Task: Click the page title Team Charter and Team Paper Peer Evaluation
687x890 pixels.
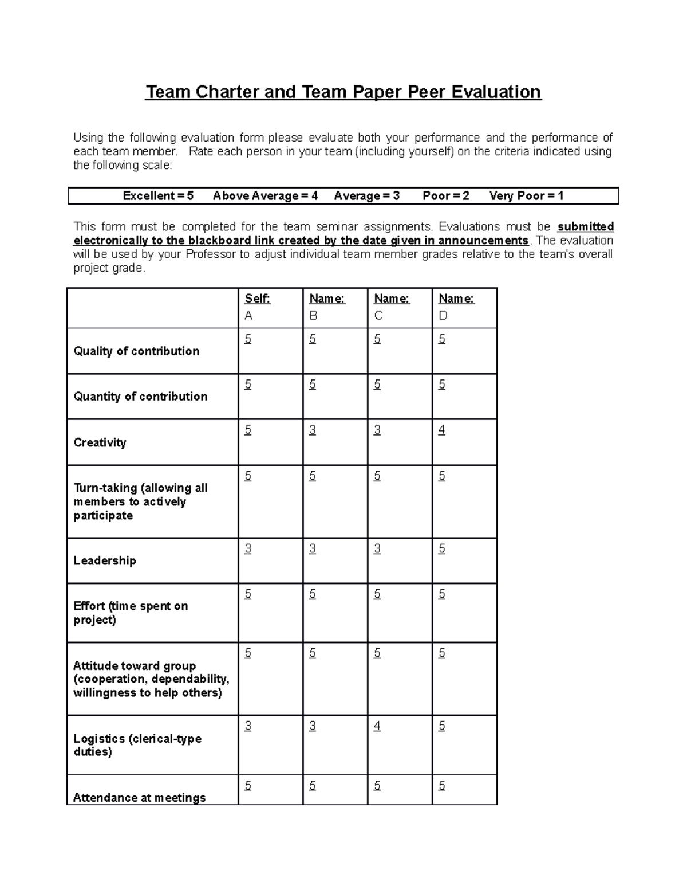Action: coord(343,92)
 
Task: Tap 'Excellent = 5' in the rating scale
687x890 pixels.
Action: coord(158,196)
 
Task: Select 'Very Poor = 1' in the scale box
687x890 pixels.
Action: coord(526,196)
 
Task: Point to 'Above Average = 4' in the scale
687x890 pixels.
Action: coord(265,196)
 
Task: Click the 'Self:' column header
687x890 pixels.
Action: coord(257,299)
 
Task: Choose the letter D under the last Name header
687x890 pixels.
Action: coord(443,316)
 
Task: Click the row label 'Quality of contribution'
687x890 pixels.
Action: coord(136,351)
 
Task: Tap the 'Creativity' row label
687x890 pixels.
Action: coord(100,442)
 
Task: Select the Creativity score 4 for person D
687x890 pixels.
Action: coord(441,430)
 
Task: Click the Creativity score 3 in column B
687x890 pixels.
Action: coord(312,430)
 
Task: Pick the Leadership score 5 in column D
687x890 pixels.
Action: coord(441,549)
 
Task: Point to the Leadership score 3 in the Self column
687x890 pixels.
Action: coord(247,549)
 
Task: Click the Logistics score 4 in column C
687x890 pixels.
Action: coord(377,726)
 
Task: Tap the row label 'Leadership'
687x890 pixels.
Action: coord(105,561)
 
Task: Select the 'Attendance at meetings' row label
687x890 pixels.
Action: coord(139,797)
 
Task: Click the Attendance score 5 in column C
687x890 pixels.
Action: coord(377,786)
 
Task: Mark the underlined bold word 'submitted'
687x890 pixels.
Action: coord(586,227)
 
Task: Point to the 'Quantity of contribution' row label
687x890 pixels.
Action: coord(140,397)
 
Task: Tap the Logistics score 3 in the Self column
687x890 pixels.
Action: coord(247,726)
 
